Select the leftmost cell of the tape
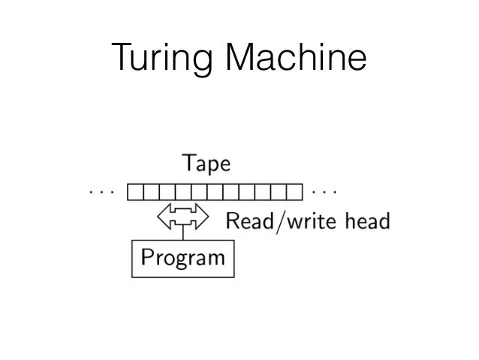(x=135, y=192)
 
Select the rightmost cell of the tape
(x=296, y=192)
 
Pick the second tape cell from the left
(x=151, y=192)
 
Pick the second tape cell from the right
(x=280, y=192)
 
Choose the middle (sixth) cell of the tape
(x=215, y=192)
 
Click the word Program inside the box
(x=182, y=259)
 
